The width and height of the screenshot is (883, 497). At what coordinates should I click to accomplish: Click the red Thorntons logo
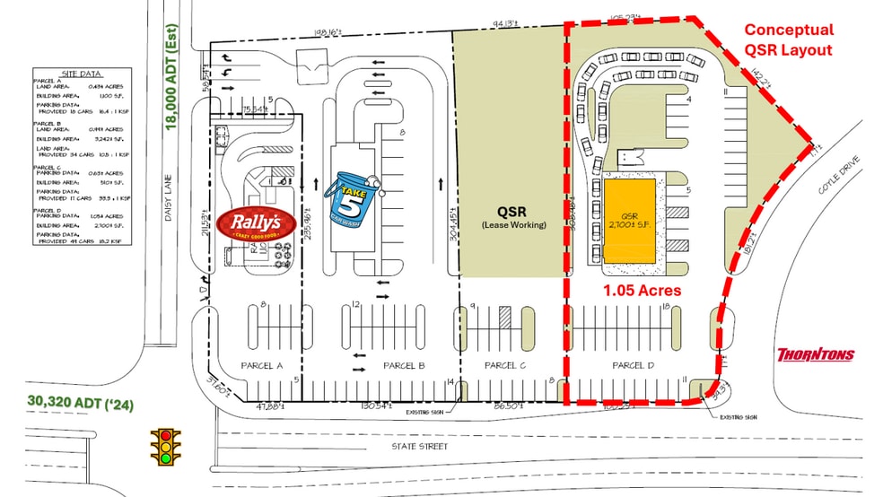[x=815, y=354]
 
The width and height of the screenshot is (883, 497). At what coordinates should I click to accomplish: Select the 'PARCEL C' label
[x=506, y=365]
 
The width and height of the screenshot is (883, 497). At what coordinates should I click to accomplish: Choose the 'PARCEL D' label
[x=634, y=365]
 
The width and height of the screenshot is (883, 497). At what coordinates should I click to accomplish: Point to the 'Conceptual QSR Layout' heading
[x=789, y=39]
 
